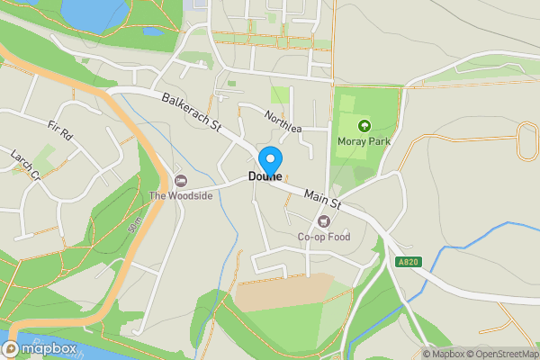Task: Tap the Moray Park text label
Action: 364,141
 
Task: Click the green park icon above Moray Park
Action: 364,126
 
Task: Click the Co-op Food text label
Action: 323,238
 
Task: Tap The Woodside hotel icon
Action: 180,181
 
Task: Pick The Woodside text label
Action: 181,196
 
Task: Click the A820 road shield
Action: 407,262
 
